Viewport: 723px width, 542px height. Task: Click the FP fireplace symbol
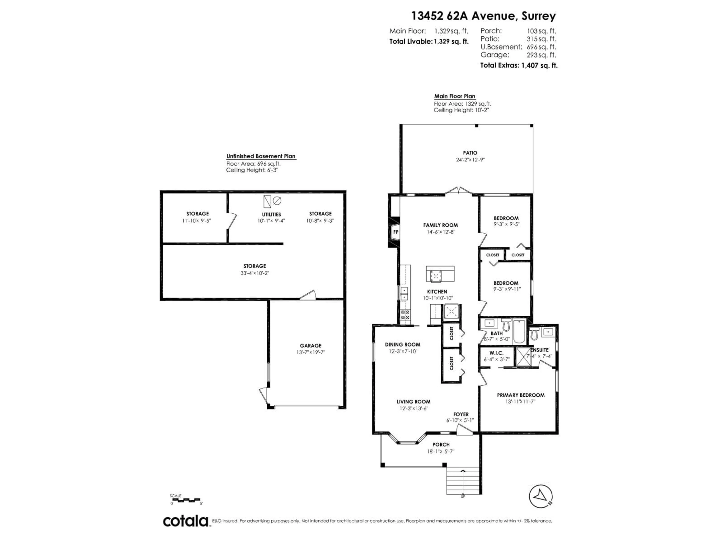tap(396, 232)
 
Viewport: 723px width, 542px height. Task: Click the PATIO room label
tap(470, 153)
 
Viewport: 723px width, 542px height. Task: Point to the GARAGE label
tap(310, 345)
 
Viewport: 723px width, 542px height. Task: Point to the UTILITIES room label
tap(271, 214)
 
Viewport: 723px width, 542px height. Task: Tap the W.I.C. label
tap(496, 353)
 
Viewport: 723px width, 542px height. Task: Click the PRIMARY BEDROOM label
tap(521, 395)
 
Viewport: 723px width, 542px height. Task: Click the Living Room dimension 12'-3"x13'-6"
tap(413, 408)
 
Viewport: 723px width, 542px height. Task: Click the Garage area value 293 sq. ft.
tap(541, 55)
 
